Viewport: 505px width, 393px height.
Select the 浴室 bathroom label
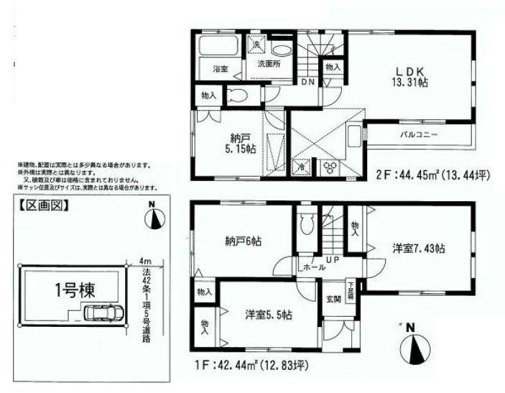(220, 69)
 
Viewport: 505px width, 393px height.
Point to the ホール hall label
(313, 267)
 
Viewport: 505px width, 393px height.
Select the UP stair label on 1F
(333, 258)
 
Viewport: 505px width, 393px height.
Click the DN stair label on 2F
(307, 83)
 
